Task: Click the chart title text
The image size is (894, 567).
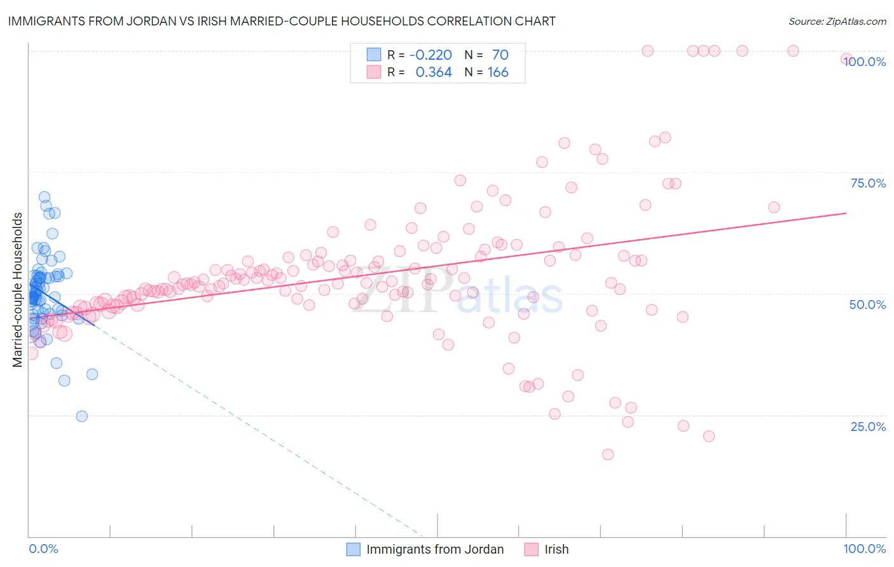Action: [x=282, y=21]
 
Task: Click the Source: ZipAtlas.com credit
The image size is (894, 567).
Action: [x=837, y=21]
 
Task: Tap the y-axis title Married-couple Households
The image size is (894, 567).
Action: [x=18, y=290]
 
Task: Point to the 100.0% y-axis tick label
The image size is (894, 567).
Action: [x=865, y=62]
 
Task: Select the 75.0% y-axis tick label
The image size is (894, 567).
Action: [x=868, y=183]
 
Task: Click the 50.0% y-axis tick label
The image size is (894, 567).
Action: [x=867, y=304]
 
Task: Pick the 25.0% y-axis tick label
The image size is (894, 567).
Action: [x=868, y=426]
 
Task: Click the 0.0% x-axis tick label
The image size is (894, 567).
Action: [x=43, y=549]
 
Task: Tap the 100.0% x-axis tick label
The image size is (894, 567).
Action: [x=864, y=549]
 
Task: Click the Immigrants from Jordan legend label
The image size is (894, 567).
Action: [x=435, y=549]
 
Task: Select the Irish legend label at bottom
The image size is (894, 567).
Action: [x=556, y=549]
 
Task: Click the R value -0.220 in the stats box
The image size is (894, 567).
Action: [x=430, y=55]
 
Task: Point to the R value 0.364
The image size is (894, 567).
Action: [x=434, y=72]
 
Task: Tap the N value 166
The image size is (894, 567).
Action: [x=498, y=72]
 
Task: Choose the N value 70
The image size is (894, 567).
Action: [x=500, y=55]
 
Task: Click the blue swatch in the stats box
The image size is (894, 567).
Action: [x=374, y=55]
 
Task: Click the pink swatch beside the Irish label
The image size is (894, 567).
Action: [x=532, y=549]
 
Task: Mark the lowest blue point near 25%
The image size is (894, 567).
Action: [x=82, y=416]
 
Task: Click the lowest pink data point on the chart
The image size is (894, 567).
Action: [x=608, y=454]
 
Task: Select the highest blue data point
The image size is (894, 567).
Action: [x=45, y=197]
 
